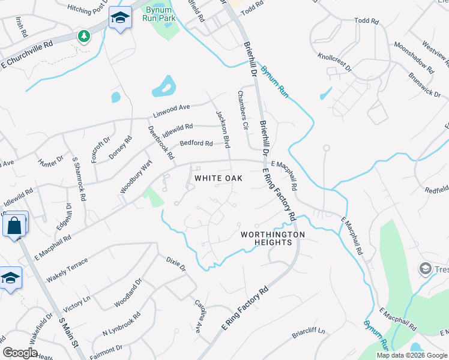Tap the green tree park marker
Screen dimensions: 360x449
click(x=84, y=36)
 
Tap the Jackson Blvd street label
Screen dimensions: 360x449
click(x=223, y=126)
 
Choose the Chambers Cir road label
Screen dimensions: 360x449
click(x=243, y=110)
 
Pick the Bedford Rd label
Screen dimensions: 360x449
click(x=196, y=143)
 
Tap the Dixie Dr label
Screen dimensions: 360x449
click(x=176, y=264)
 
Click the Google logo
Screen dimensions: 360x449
click(x=20, y=353)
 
